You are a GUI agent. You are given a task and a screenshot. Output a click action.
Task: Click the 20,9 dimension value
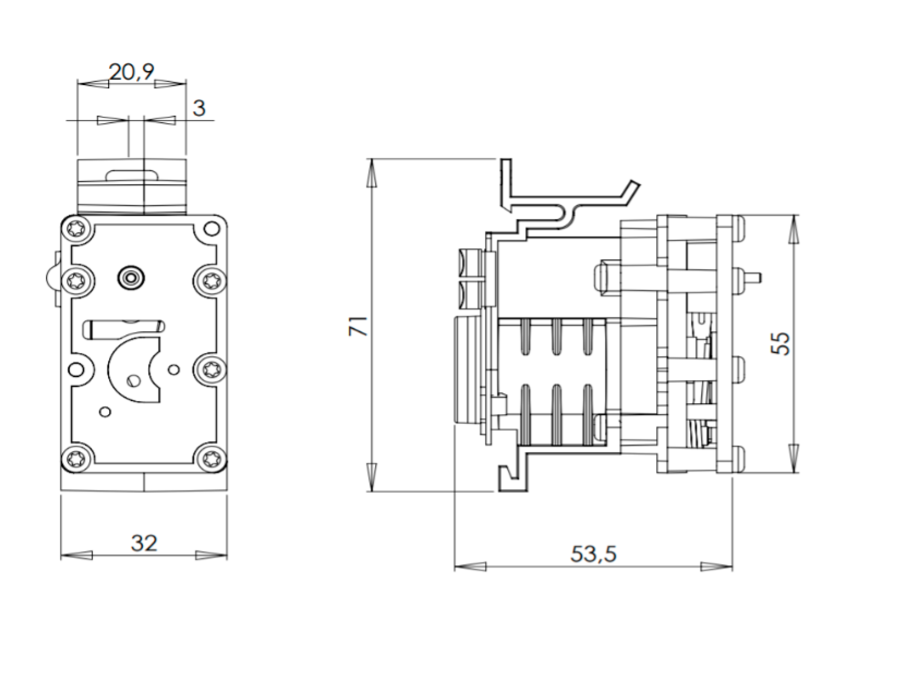click(x=132, y=72)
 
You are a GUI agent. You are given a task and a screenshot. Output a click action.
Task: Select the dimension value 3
click(x=199, y=108)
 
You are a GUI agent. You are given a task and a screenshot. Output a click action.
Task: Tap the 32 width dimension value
click(x=144, y=543)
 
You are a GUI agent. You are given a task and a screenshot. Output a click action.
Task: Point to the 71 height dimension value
click(x=358, y=326)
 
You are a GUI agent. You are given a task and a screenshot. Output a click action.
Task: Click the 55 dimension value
click(x=783, y=343)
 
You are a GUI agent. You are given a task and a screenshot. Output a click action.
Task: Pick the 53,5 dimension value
click(x=593, y=554)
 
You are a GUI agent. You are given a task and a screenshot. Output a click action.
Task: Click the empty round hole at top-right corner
click(x=210, y=229)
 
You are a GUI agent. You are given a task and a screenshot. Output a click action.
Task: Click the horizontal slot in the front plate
click(x=122, y=328)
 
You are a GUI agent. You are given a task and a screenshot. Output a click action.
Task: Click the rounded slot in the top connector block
click(x=132, y=175)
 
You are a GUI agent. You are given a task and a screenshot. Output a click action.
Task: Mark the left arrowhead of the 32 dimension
click(x=76, y=555)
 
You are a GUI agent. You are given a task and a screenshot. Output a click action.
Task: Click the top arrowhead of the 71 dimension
click(x=371, y=175)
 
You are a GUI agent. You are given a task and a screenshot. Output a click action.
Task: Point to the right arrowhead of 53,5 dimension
click(x=716, y=566)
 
